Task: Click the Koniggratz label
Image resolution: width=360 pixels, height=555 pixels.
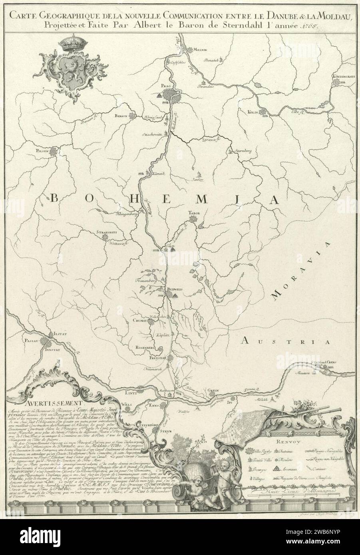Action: click(x=342, y=77)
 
